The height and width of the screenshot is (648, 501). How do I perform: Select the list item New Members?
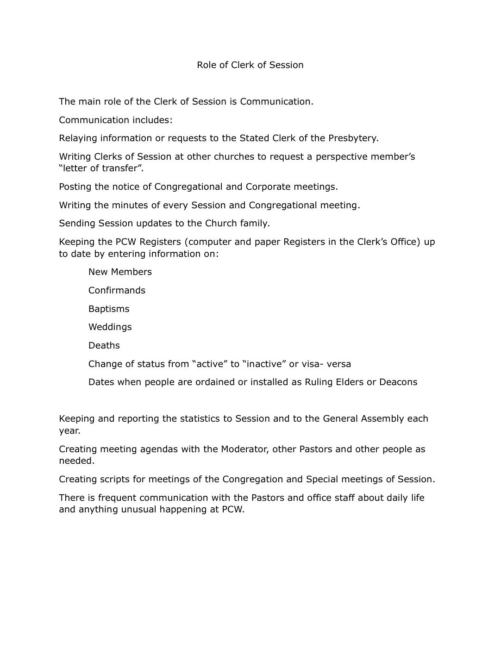pyautogui.click(x=120, y=272)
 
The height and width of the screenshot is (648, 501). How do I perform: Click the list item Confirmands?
pyautogui.click(x=117, y=290)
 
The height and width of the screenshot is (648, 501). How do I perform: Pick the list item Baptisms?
pyautogui.click(x=109, y=309)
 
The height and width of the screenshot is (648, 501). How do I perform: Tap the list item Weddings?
pyautogui.click(x=110, y=327)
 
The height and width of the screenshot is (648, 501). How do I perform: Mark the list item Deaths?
pyautogui.click(x=104, y=345)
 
